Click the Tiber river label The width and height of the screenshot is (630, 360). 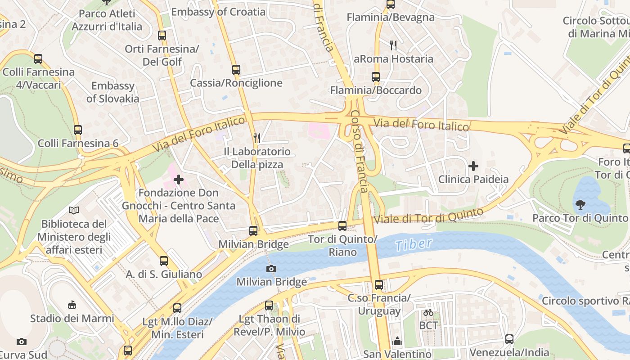pos(413,245)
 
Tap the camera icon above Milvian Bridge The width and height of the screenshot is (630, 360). pos(271,269)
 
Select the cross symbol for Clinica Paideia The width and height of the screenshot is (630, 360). pos(473,166)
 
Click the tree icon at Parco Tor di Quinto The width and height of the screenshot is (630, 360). pos(580,205)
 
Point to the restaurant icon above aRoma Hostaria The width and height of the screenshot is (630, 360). pos(393,45)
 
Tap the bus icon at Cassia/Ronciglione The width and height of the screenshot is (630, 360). pos(236,70)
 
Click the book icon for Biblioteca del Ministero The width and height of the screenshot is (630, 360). pos(74,210)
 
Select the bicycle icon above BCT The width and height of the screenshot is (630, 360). pos(428,312)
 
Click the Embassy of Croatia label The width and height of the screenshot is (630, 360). pos(218,12)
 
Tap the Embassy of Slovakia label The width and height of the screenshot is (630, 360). pos(112,92)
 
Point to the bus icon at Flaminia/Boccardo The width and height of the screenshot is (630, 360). pos(376,77)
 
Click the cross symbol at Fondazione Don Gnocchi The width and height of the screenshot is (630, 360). pos(179,180)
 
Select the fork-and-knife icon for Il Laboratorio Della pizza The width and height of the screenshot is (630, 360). pos(257,138)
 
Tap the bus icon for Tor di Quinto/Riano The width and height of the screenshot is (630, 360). pos(342,226)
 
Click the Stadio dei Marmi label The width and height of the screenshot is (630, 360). pos(72,319)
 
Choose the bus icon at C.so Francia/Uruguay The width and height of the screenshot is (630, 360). pos(379,285)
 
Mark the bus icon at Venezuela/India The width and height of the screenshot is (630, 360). pos(509,339)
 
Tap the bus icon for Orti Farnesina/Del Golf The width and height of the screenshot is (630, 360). pos(162,36)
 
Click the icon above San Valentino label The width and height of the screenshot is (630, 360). pos(397,342)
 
